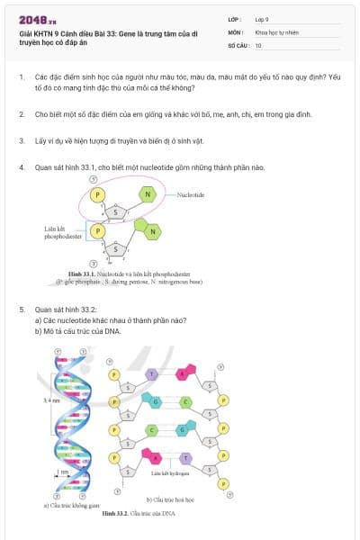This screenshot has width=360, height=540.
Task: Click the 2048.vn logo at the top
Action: (x=36, y=20)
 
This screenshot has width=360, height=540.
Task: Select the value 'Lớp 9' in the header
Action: (x=263, y=19)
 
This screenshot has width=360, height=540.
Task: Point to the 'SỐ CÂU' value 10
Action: (x=258, y=44)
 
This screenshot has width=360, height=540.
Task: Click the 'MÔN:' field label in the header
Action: (x=236, y=31)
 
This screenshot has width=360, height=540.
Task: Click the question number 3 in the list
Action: (x=21, y=140)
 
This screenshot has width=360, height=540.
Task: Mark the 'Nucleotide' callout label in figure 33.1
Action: (x=192, y=194)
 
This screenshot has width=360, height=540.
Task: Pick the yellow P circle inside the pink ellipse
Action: (x=99, y=194)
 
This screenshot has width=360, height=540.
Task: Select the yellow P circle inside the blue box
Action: (x=99, y=231)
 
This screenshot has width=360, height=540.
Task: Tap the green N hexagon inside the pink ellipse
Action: (x=148, y=194)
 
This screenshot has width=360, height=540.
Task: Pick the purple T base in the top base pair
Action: (x=152, y=373)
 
